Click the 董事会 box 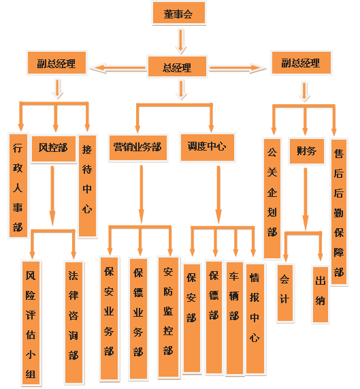[x=178, y=13]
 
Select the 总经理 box [x=177, y=67]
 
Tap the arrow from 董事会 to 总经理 [x=181, y=41]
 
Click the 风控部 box [x=54, y=149]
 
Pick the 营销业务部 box [x=138, y=148]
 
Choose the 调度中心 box [x=207, y=147]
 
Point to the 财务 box [x=306, y=151]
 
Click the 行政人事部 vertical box [x=18, y=185]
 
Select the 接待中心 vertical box [x=87, y=185]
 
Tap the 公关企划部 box [x=272, y=198]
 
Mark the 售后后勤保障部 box [x=339, y=212]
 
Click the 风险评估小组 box [x=31, y=323]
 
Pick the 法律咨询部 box [x=73, y=322]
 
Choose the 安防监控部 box [x=168, y=317]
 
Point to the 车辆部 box [x=234, y=318]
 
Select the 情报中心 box [x=255, y=319]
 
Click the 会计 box [x=285, y=293]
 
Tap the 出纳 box [x=321, y=294]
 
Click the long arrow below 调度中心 [x=218, y=195]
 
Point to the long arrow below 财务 [x=306, y=199]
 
